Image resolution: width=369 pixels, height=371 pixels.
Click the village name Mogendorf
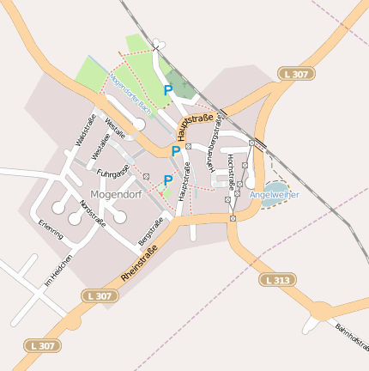coord(116,195)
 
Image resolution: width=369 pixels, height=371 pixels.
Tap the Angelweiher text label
coord(275,195)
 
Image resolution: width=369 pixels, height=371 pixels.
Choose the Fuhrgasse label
coord(112,173)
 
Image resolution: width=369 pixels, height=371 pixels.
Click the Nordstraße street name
coord(92,213)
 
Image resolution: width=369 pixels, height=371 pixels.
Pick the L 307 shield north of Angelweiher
coord(295,75)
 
